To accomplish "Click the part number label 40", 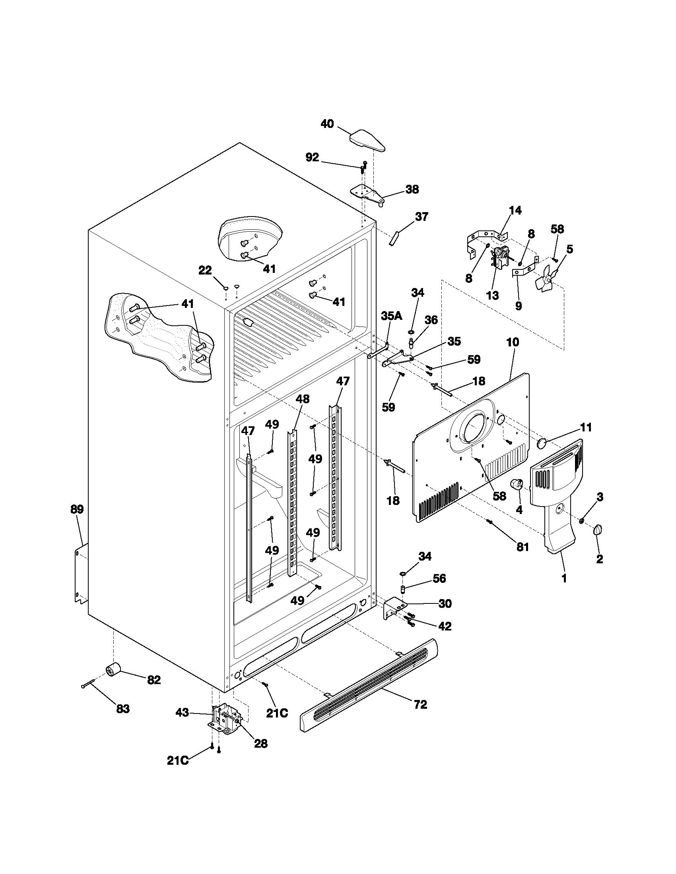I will pyautogui.click(x=327, y=124).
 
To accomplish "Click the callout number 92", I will pyautogui.click(x=313, y=158).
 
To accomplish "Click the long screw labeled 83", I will pyautogui.click(x=89, y=684).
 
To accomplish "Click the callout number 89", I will pyautogui.click(x=77, y=509).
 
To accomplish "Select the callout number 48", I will pyautogui.click(x=303, y=398).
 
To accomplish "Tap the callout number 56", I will pyautogui.click(x=439, y=578).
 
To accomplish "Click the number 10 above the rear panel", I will pyautogui.click(x=513, y=342).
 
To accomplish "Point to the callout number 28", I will pyautogui.click(x=261, y=744).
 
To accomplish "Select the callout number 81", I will pyautogui.click(x=522, y=547).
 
